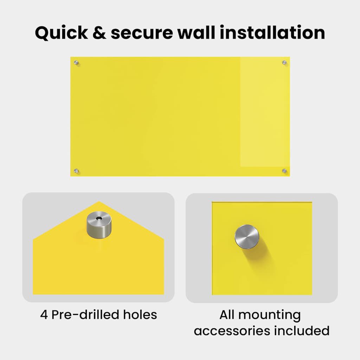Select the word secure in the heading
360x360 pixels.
[141, 33]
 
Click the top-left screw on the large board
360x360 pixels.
[76, 63]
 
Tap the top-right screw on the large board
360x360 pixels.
[284, 63]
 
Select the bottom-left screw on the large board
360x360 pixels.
[76, 171]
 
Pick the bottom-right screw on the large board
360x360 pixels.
[284, 171]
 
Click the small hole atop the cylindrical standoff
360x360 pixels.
[99, 218]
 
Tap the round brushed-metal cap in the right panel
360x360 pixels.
[247, 237]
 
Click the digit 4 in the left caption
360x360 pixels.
[44, 314]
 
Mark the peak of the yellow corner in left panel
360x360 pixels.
[99, 202]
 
